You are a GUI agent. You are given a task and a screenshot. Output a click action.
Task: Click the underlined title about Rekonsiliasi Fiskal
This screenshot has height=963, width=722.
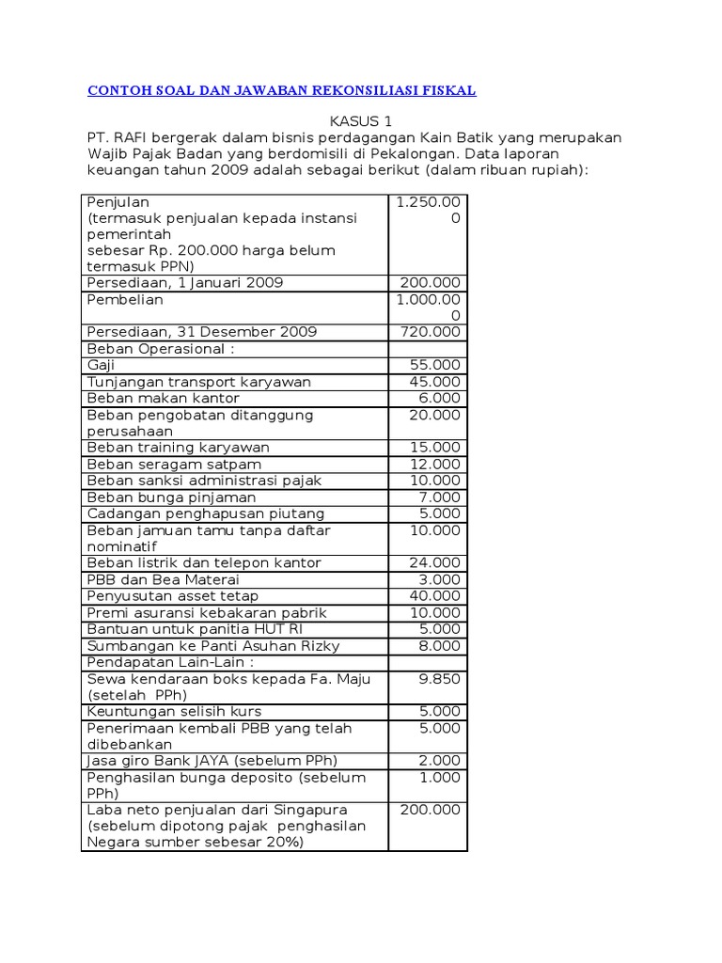tap(282, 91)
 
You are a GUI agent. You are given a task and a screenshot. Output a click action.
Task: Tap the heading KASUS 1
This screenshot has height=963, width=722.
tap(360, 121)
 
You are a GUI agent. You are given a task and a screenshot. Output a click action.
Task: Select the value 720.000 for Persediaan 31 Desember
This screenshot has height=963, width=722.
tap(431, 332)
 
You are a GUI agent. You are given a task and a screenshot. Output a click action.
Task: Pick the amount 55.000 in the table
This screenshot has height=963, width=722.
tap(435, 365)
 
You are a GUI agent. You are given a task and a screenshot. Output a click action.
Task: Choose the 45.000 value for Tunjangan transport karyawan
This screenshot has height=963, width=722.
tap(435, 382)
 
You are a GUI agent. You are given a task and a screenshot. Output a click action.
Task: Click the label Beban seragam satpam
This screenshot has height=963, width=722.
tap(174, 464)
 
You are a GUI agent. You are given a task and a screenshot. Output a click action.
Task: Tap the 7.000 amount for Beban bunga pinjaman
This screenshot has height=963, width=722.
tap(439, 497)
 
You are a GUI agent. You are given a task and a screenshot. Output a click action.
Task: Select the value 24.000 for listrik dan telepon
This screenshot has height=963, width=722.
tap(435, 562)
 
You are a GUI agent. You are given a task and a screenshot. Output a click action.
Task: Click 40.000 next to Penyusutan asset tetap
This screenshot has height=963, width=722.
tap(435, 595)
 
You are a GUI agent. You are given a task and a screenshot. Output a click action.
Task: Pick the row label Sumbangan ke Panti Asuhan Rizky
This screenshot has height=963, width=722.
tap(213, 645)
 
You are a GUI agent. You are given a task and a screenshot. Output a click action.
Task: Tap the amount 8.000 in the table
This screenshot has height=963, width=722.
tap(439, 645)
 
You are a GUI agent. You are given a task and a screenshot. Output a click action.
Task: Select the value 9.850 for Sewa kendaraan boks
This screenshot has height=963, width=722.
tap(439, 678)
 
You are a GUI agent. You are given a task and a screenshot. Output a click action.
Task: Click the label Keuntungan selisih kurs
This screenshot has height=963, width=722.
tap(174, 711)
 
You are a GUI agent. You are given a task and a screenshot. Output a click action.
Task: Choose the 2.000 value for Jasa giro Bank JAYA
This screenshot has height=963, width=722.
tap(439, 760)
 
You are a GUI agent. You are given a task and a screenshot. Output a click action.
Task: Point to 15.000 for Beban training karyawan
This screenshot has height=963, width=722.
tap(435, 448)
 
